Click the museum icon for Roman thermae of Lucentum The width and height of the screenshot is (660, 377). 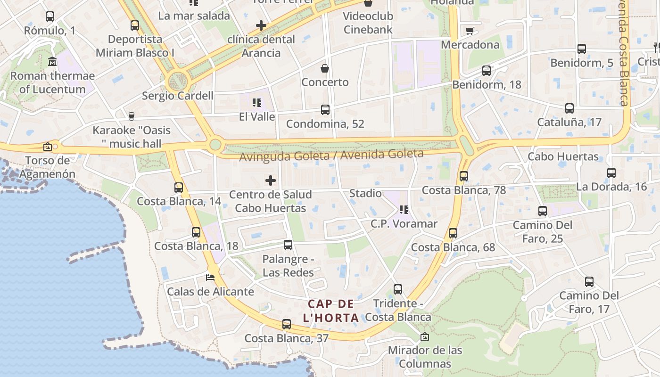(x=52, y=62)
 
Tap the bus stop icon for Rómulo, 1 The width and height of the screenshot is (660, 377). (x=49, y=16)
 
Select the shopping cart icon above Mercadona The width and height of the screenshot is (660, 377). (x=470, y=31)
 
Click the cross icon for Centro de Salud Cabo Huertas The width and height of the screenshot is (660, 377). (x=271, y=180)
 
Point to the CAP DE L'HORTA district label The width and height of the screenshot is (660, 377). (x=330, y=311)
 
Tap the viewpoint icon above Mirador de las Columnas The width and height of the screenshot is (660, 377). (x=425, y=336)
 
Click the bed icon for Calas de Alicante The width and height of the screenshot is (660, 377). (x=210, y=277)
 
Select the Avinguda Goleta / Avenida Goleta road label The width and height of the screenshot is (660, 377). (x=331, y=155)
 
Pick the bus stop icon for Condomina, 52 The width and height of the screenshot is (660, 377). (x=325, y=110)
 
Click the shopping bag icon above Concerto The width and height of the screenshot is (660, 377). (x=325, y=68)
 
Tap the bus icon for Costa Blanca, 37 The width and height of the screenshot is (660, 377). (x=286, y=324)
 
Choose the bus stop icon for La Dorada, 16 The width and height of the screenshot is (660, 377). (x=611, y=173)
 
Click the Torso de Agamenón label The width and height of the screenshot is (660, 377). (x=47, y=167)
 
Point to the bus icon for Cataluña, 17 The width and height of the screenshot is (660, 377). (x=569, y=108)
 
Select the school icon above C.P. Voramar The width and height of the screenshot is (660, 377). (x=404, y=210)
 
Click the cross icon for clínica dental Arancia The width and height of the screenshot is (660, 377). (x=261, y=25)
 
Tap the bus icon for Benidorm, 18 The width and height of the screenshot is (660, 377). (x=487, y=71)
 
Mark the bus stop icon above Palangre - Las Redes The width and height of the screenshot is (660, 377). (x=288, y=245)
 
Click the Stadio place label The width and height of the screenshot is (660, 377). (x=365, y=193)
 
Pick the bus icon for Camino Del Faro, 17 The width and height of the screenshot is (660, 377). (x=589, y=282)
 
